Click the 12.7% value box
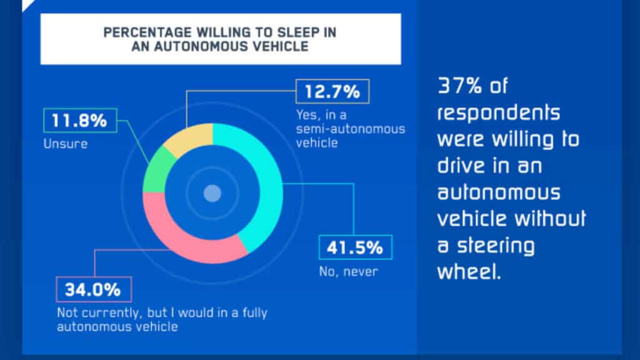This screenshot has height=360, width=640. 332,92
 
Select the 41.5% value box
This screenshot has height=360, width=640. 355,247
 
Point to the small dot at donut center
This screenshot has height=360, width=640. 212,193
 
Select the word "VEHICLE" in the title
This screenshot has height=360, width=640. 281,47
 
